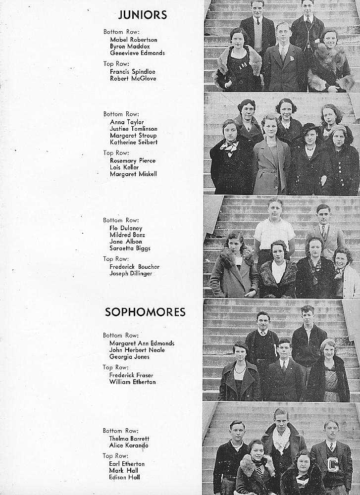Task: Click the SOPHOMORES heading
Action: coord(145,312)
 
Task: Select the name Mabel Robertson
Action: coord(133,39)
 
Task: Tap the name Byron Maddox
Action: coord(128,46)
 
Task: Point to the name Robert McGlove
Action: coord(133,78)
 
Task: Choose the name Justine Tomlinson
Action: coord(133,129)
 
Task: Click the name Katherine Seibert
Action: coord(133,142)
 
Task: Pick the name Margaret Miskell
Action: coord(133,174)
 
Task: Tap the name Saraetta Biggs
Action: coord(130,248)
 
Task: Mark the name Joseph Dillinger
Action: coord(131,273)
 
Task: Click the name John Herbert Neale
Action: coord(137,350)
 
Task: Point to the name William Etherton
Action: coord(132,382)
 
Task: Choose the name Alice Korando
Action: coord(128,445)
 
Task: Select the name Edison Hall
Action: coord(124,477)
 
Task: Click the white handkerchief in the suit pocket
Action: coord(292,58)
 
